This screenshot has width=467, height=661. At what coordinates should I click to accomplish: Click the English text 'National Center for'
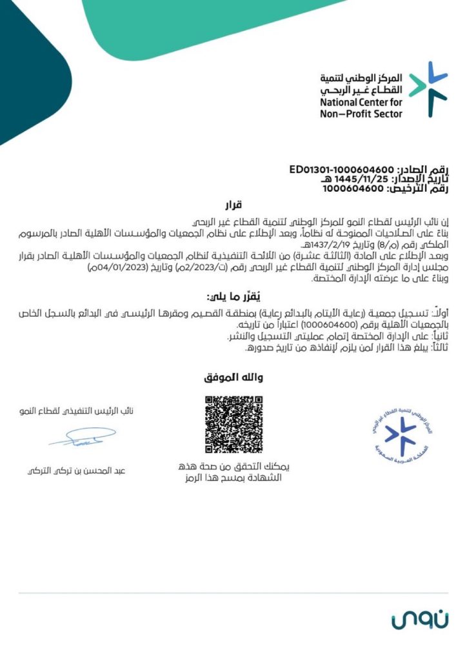[361, 103]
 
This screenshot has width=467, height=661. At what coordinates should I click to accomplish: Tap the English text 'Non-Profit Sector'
[361, 114]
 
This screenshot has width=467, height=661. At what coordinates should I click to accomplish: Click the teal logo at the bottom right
[416, 620]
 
